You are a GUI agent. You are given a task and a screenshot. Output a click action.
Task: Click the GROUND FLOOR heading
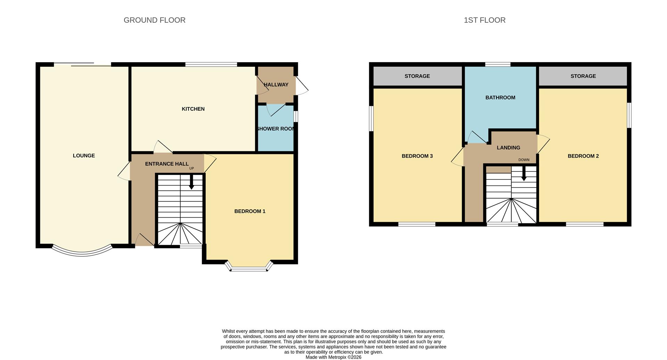click(155, 20)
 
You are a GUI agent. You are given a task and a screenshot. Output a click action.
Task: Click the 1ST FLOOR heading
click(485, 20)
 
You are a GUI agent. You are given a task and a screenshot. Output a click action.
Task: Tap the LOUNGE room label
click(84, 156)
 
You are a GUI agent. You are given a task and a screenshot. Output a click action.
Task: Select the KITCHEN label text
click(193, 109)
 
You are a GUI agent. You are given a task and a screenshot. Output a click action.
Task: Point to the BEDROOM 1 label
click(250, 211)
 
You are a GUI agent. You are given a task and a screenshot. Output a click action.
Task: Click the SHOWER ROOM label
click(275, 129)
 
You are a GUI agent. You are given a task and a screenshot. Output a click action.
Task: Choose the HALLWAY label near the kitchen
click(276, 85)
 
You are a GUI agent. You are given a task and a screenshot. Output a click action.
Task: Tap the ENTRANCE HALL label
click(167, 164)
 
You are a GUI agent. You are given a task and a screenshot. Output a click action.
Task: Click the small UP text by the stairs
click(191, 168)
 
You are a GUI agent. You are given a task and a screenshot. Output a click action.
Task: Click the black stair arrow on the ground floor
click(191, 183)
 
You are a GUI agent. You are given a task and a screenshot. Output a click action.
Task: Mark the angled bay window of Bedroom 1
click(249, 268)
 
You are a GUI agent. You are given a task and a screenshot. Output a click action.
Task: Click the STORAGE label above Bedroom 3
click(417, 76)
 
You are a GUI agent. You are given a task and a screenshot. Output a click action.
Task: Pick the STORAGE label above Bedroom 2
click(583, 76)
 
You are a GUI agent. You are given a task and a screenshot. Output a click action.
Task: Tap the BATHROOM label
click(500, 98)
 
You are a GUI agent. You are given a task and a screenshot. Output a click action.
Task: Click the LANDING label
click(508, 148)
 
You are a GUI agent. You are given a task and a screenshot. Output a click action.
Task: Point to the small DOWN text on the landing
click(524, 160)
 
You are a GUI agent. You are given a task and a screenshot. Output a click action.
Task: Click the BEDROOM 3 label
click(417, 156)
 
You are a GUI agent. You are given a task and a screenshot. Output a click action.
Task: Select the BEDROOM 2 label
click(583, 156)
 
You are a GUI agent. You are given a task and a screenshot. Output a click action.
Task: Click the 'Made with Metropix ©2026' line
click(333, 357)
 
